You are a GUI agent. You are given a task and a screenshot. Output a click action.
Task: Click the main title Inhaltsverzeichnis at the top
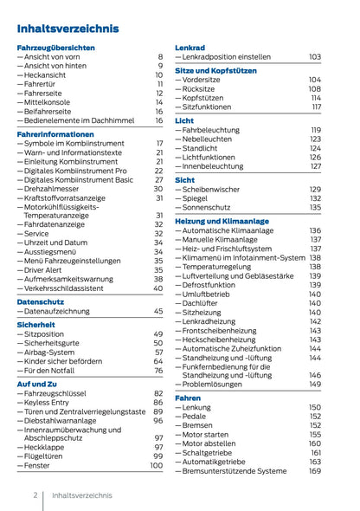point(67,29)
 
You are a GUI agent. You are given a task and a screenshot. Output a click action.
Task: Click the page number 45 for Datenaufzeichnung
point(157,310)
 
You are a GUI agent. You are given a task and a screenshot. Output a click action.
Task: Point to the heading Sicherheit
point(35,323)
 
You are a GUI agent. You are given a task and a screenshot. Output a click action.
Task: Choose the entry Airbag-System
point(53,353)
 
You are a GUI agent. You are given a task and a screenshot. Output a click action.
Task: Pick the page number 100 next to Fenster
point(156,465)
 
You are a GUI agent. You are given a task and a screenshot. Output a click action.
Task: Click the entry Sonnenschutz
point(212,208)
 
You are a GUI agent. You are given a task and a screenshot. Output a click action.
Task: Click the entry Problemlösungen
point(216,384)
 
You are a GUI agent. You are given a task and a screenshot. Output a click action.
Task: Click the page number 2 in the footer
point(35,495)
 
